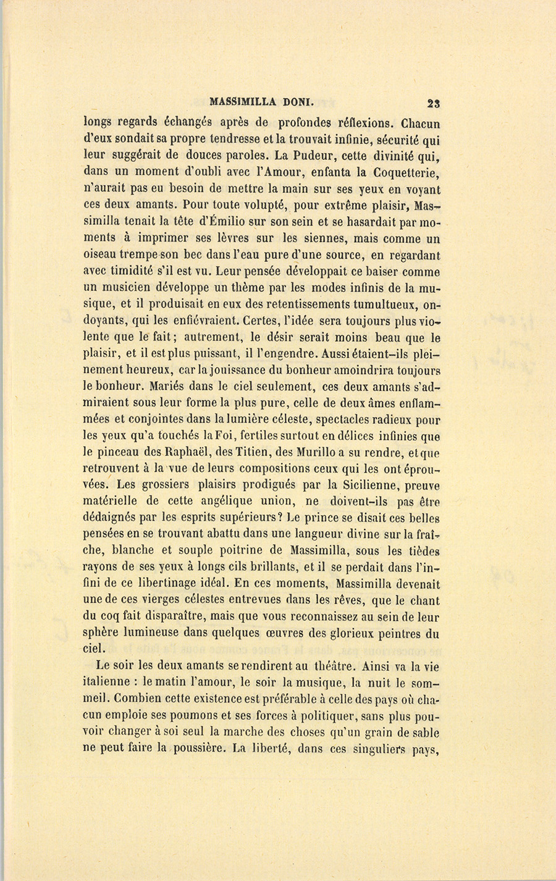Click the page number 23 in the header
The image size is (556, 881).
coord(431,104)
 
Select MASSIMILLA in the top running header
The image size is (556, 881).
coord(237,103)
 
